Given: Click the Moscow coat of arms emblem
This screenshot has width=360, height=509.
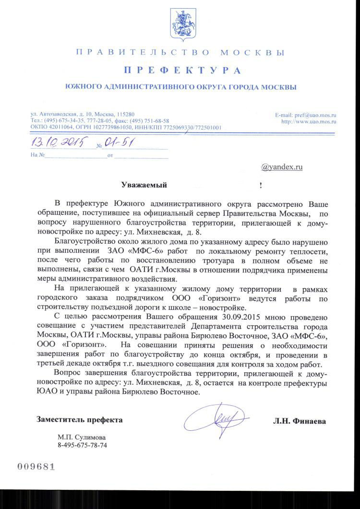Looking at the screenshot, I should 180,24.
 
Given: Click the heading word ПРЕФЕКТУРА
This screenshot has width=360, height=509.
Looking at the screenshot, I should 182,71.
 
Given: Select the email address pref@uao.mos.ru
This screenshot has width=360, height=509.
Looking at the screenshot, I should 317,116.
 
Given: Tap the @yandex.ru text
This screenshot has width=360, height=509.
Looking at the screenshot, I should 282,167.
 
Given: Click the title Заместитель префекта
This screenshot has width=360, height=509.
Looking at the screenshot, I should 80,420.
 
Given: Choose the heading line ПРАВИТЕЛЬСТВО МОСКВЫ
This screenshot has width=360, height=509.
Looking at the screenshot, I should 180,52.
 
